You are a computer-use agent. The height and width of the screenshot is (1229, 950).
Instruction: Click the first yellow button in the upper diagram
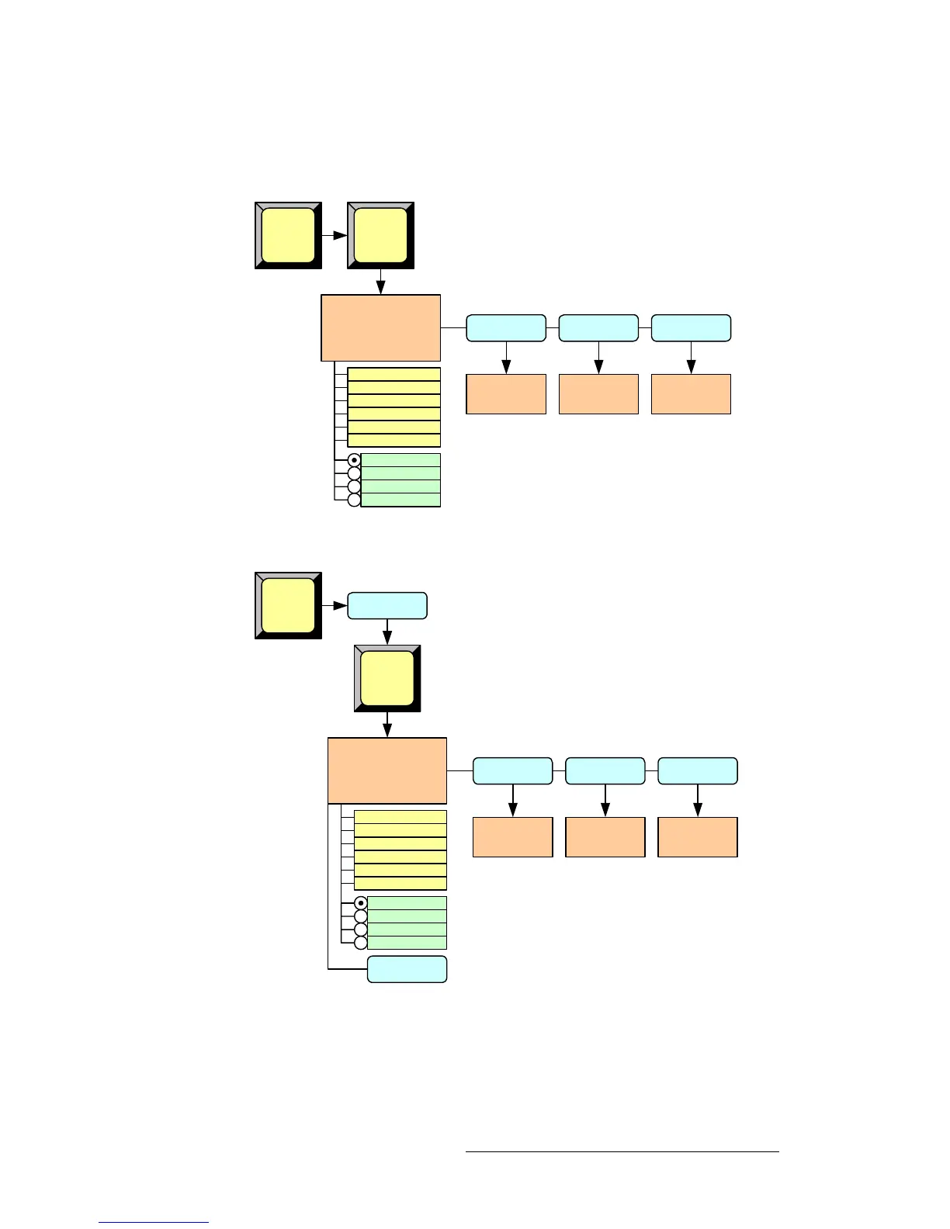[288, 235]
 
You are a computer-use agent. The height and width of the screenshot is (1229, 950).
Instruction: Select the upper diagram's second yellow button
[380, 235]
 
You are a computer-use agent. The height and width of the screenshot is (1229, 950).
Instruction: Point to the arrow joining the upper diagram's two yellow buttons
[335, 235]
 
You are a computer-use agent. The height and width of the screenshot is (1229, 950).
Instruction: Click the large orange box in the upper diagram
[380, 327]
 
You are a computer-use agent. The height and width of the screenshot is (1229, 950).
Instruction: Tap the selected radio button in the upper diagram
[354, 460]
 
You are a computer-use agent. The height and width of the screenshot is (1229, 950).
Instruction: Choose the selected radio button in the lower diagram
[361, 903]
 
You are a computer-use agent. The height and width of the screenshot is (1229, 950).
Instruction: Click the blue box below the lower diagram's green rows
[407, 969]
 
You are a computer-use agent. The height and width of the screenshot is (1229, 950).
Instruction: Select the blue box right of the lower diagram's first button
[387, 606]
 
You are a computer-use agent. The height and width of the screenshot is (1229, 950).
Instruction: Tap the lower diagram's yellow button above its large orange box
[387, 678]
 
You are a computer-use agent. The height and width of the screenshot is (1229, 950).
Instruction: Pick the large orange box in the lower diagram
[387, 770]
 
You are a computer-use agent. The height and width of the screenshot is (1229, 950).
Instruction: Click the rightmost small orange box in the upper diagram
[691, 393]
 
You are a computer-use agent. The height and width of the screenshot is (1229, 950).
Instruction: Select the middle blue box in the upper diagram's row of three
[598, 328]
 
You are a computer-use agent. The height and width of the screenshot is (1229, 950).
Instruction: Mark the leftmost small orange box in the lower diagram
[512, 836]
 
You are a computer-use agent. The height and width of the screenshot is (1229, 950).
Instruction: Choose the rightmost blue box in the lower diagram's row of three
[697, 771]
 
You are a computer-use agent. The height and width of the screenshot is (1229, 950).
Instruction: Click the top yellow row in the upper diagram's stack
[394, 374]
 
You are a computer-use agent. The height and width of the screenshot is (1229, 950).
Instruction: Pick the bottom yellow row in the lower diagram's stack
[400, 883]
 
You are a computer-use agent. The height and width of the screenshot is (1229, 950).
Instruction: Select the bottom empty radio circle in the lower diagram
[361, 943]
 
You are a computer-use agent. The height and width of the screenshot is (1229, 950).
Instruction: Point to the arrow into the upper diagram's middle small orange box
[598, 358]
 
